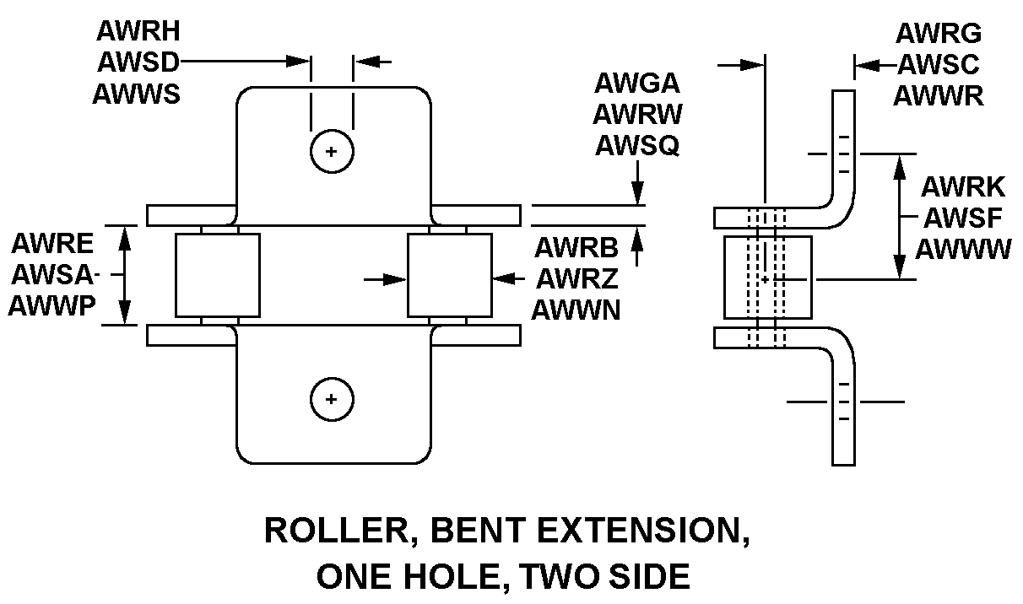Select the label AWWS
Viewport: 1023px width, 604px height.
137,93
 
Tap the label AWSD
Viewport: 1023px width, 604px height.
137,62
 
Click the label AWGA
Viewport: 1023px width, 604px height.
637,84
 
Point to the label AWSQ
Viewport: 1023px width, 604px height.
637,146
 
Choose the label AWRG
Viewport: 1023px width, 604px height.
938,34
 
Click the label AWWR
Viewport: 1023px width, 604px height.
938,95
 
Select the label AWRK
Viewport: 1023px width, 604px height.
962,186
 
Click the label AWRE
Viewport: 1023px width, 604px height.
52,245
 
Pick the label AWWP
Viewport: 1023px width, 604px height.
52,306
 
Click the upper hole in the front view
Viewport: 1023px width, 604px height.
331,153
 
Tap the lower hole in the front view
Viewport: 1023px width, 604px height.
331,398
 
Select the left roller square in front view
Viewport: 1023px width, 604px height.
217,275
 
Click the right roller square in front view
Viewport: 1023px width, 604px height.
449,275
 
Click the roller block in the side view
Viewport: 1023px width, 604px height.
767,278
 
